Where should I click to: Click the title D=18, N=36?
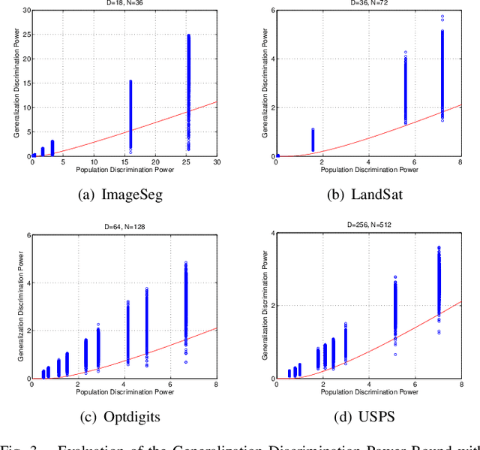pyautogui.click(x=124, y=3)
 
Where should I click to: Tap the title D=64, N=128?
pyautogui.click(x=124, y=225)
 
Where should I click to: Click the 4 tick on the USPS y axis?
pyautogui.click(x=272, y=233)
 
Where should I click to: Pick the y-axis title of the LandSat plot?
pyautogui.click(x=263, y=83)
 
